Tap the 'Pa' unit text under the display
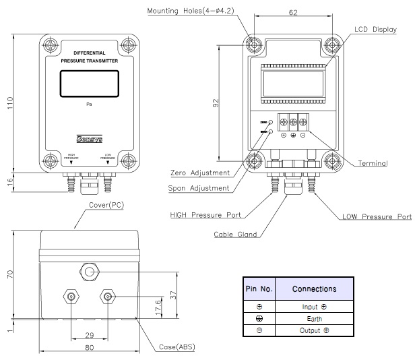89,105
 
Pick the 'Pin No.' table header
259,289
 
